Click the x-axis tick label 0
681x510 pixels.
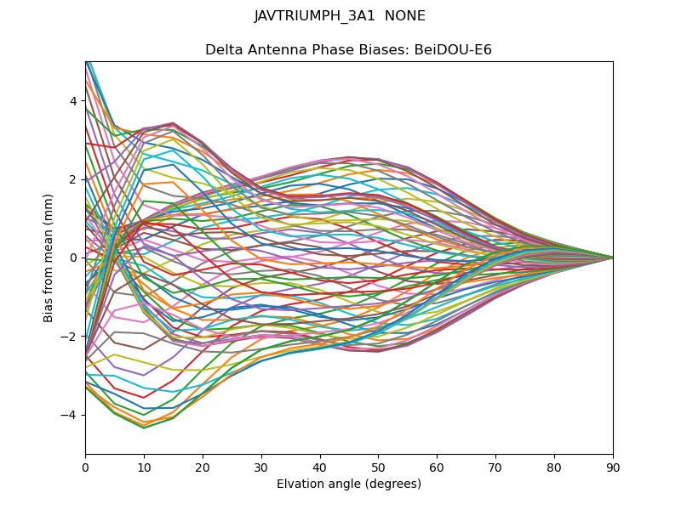[85, 467]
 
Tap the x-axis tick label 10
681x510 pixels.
[144, 467]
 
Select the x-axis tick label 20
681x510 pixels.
[203, 467]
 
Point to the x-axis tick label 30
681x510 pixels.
[261, 467]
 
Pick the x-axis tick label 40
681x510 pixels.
[320, 467]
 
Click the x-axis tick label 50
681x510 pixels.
[378, 467]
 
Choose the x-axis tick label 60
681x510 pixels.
[437, 467]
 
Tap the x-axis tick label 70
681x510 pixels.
[495, 467]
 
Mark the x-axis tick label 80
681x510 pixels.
[554, 467]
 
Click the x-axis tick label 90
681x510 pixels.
[613, 467]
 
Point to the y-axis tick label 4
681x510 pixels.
[73, 101]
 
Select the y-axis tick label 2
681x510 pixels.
[73, 179]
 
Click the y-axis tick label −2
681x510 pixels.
[70, 337]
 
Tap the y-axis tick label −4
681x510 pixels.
[70, 415]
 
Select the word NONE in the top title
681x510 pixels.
[405, 16]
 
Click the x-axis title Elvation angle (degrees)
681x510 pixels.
[349, 484]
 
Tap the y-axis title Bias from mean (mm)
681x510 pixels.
[49, 258]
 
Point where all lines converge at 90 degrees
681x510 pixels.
[613, 258]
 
